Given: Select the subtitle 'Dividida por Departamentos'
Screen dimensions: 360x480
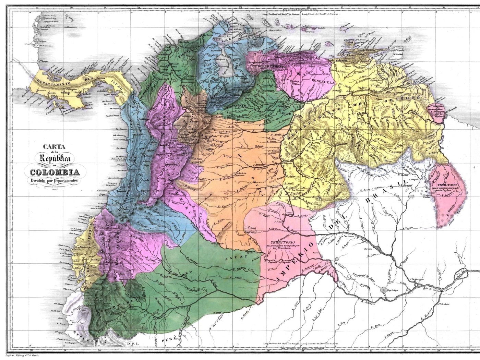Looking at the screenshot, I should (54, 180).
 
